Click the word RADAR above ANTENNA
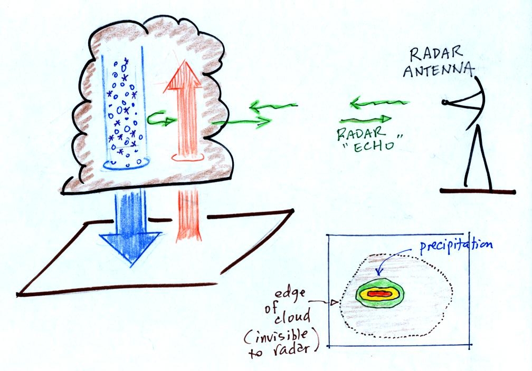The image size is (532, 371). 436,54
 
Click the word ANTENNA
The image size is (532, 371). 439,70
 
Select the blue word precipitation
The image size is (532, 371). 456,246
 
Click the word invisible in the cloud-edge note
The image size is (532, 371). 281,336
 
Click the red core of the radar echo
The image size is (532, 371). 379,294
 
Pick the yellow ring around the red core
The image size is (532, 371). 379,294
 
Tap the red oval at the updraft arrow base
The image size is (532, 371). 188,157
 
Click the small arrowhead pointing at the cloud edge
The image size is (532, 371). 335,302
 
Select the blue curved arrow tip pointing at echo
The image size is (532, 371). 379,271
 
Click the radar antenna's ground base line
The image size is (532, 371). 478,191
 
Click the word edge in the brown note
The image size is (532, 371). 284,294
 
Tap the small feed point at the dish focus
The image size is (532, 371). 444,102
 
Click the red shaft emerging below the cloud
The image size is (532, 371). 188,216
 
